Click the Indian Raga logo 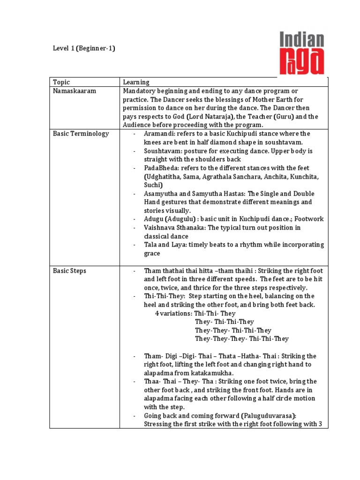(302, 53)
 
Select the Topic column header (61, 82)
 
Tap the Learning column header (136, 82)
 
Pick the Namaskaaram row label (75, 91)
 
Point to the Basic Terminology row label (81, 134)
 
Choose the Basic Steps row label (69, 271)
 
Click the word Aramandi (158, 134)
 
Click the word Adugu (153, 219)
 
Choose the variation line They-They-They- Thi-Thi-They (242, 339)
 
